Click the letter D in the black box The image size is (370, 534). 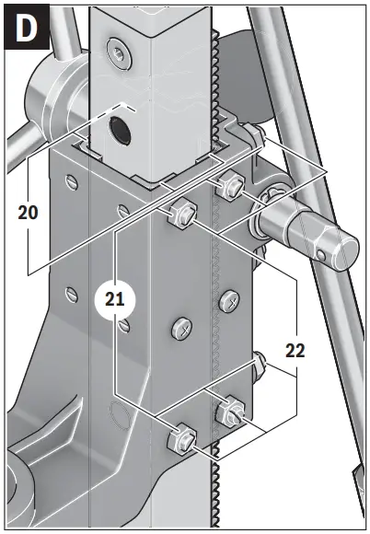(x=28, y=29)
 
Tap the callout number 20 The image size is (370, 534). (x=29, y=211)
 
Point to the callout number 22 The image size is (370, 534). (x=295, y=350)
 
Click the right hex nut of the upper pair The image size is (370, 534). (x=229, y=187)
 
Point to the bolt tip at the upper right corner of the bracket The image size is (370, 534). (x=260, y=137)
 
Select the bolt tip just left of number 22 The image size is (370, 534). (x=262, y=359)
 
